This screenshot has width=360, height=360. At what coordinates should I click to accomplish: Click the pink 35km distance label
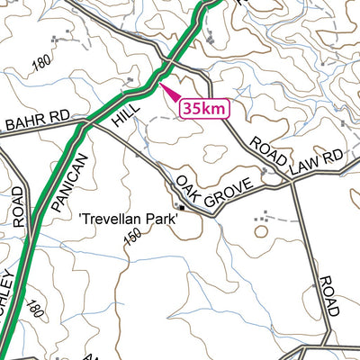pos(204,108)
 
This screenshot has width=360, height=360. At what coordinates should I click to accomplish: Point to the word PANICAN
pos(70,182)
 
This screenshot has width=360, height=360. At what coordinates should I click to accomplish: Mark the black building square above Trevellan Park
pos(181,209)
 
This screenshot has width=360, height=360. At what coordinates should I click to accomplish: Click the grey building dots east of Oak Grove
pos(263,217)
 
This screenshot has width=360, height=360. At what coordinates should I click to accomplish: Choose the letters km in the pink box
pos(215,108)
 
